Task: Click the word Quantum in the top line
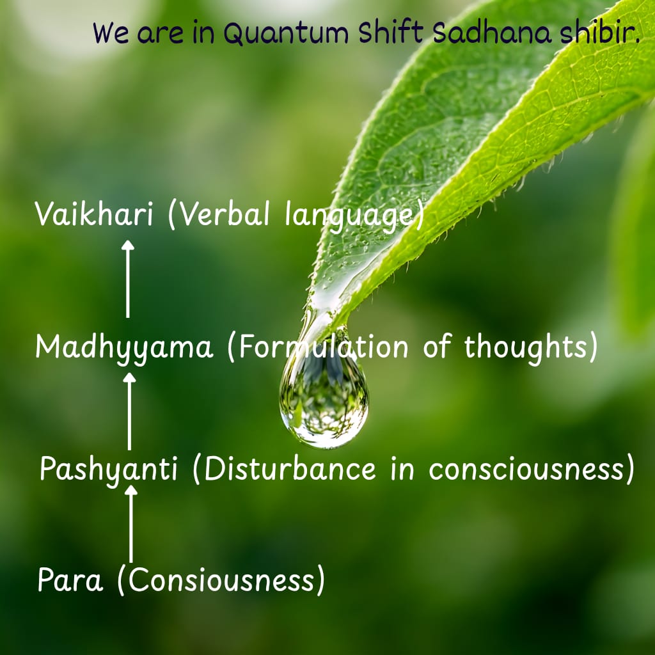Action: pos(286,33)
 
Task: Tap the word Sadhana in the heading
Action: pos(492,32)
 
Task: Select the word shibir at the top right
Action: pos(598,32)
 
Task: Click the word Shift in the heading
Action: pos(391,32)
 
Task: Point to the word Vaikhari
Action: pos(93,214)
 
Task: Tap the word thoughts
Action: pos(526,347)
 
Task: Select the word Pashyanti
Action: pos(109,470)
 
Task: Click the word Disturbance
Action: pos(290,469)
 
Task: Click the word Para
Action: pos(70,580)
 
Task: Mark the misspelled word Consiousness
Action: pos(221,580)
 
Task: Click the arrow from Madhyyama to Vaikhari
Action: pos(128,279)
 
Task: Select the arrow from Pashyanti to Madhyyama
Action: pos(129,411)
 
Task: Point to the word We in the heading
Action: pos(111,33)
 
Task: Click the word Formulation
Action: pos(323,347)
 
